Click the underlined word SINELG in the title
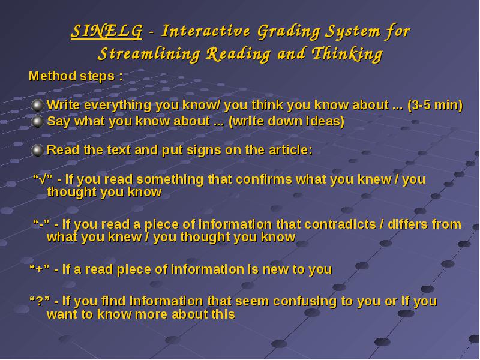[107, 32]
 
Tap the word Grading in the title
[289, 32]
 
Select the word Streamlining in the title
[149, 55]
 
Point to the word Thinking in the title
[347, 55]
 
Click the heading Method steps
[76, 76]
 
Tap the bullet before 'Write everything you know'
[38, 106]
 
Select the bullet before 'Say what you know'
[38, 122]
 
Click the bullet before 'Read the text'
[38, 151]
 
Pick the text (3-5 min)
[435, 106]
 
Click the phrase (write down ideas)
[287, 122]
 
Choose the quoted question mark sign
[40, 301]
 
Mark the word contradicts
[340, 224]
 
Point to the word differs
[408, 224]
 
